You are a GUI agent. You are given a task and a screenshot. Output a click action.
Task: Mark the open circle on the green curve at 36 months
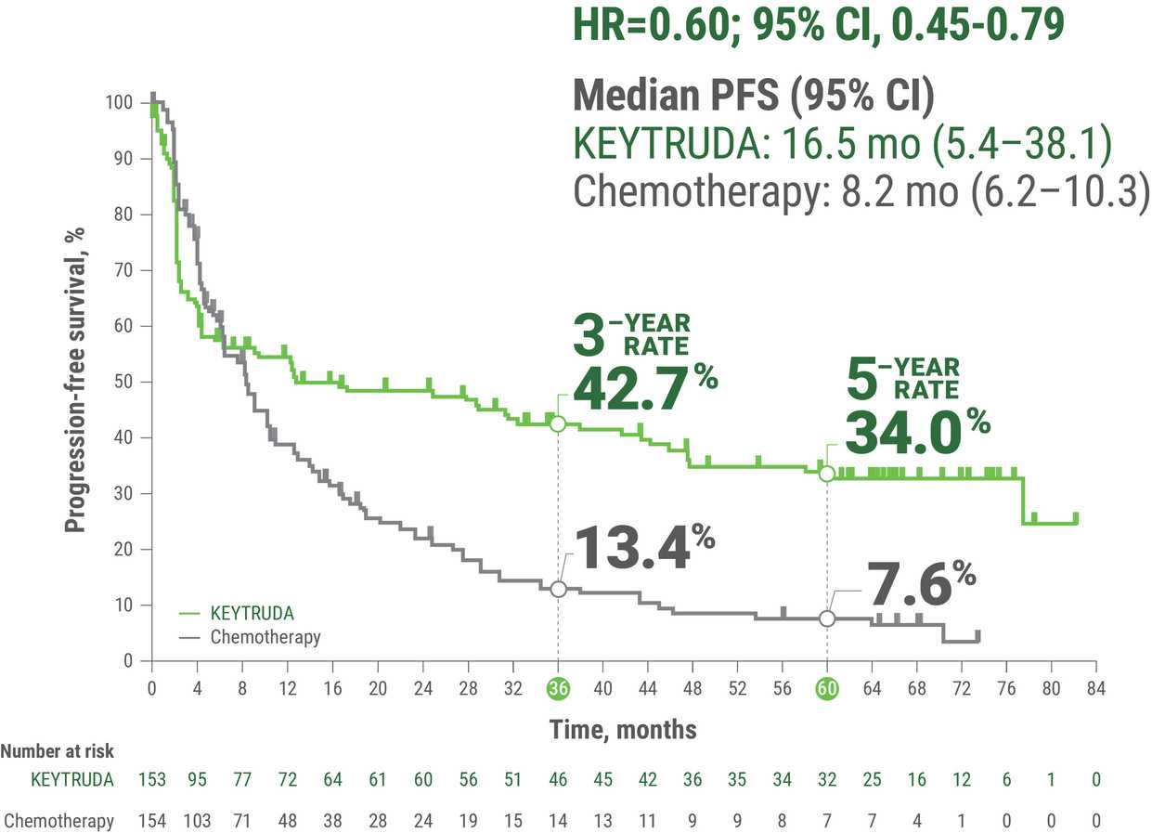[x=558, y=423]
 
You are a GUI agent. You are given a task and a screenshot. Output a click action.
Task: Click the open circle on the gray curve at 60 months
[x=827, y=618]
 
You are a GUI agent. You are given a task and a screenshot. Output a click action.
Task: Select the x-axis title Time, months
[x=622, y=730]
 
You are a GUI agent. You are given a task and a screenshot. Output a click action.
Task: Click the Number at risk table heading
[x=58, y=751]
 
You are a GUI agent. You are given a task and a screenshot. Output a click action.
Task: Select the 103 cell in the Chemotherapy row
[x=197, y=821]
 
